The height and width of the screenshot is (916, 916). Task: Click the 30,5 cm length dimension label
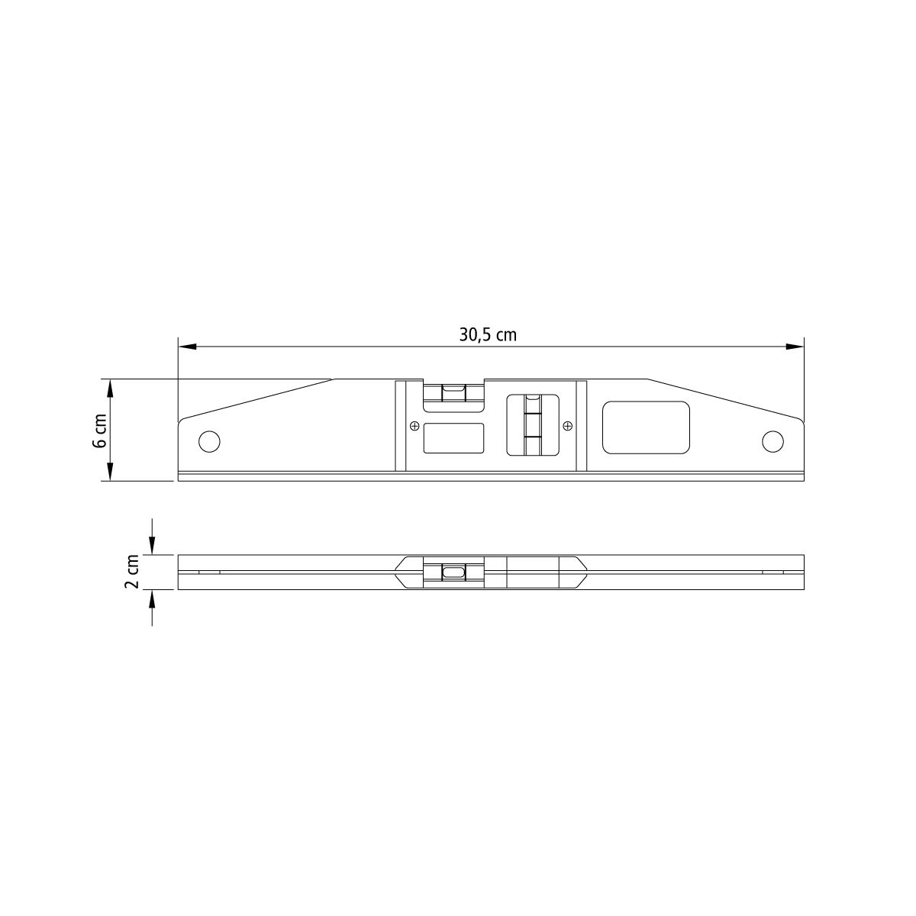click(x=488, y=334)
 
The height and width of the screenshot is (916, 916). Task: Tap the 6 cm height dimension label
click(x=100, y=431)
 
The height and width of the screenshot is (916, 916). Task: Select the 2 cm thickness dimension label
click(x=132, y=572)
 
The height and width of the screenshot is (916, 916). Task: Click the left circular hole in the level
click(x=209, y=442)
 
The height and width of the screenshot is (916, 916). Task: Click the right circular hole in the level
click(x=772, y=442)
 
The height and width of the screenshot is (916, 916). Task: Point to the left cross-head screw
click(x=414, y=426)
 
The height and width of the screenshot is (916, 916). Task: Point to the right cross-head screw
click(x=568, y=426)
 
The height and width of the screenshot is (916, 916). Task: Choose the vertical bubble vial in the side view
click(x=533, y=424)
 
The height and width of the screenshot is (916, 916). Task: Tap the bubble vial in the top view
click(x=453, y=572)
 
